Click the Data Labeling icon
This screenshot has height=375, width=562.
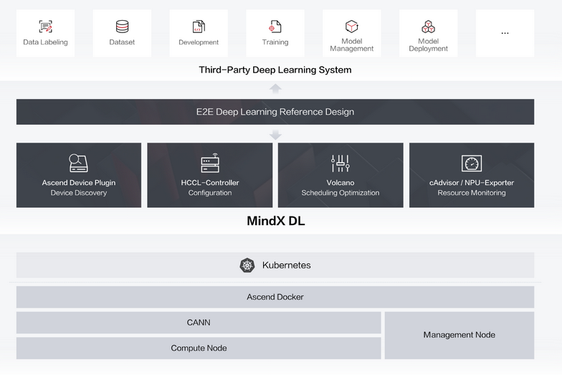46,27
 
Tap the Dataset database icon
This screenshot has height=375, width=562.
122,27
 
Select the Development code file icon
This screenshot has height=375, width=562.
199,27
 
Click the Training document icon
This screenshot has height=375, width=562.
275,27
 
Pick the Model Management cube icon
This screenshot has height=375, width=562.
351,26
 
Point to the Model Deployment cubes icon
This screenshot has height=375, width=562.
429,27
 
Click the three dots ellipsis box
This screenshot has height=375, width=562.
505,33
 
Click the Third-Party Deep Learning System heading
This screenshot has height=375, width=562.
275,70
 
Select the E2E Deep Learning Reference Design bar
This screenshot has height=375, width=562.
275,112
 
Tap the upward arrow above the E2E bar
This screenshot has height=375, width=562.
275,89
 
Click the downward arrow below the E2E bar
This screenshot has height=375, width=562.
275,135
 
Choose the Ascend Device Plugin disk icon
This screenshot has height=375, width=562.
79,163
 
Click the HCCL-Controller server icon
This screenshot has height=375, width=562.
210,163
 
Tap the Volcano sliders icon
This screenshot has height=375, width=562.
340,163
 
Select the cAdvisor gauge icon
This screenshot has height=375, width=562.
472,163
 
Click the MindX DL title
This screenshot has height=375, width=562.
276,221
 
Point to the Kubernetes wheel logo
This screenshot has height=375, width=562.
247,265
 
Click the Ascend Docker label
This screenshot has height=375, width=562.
275,297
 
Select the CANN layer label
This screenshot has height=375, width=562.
199,323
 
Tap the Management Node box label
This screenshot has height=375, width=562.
459,335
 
